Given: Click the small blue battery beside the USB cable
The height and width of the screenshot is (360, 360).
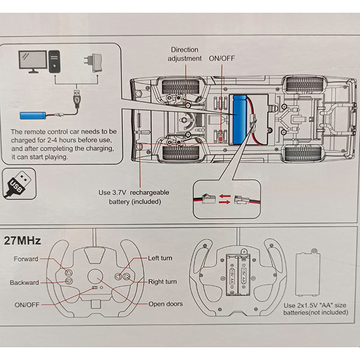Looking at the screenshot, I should click(34, 114).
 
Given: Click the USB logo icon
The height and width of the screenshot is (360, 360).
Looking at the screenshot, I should click(19, 183).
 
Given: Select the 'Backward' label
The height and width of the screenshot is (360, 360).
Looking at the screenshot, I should click(24, 283).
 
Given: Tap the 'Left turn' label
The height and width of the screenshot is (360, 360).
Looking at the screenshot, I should click(161, 258).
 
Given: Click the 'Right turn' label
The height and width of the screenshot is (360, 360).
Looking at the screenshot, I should click(162, 281).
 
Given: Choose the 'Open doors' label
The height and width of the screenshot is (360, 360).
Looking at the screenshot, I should click(165, 304).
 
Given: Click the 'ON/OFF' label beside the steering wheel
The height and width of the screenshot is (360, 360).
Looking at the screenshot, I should click(27, 305).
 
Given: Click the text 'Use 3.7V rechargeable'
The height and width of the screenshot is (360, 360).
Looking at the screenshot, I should click(134, 193).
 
